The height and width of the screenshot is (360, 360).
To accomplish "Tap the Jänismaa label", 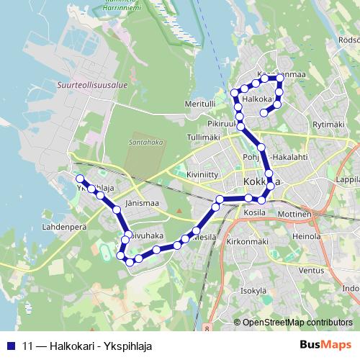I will coord(141,204).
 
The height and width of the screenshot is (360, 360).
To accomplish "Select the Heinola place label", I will coord(307,235).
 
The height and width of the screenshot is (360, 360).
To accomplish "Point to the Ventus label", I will coord(311,271).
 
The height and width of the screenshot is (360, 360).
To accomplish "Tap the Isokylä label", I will coord(254,290).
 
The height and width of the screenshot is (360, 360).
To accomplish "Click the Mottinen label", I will coord(294,215).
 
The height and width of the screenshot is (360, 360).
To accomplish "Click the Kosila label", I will coord(256,214).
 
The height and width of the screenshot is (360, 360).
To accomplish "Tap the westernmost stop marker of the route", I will coord(80,179).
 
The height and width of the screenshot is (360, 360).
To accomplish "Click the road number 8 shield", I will coord(207,328).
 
